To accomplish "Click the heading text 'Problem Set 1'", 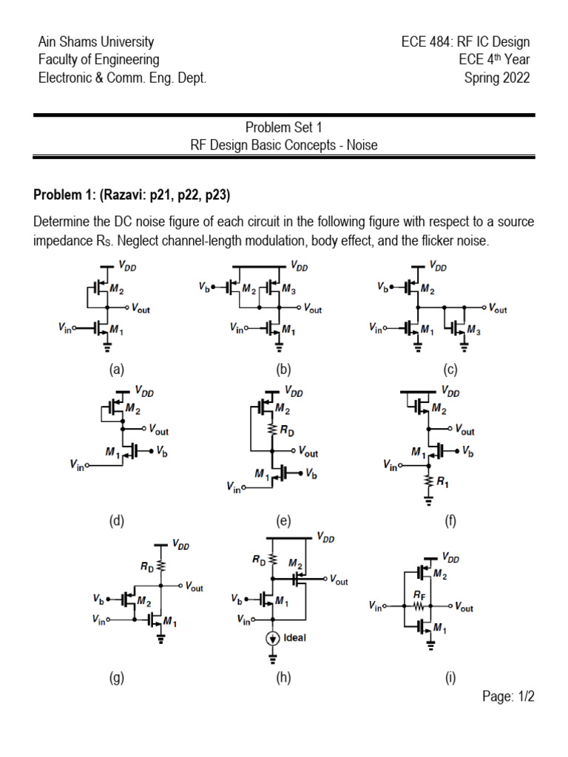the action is pos(283,127).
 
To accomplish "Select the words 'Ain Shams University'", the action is pos(96,41).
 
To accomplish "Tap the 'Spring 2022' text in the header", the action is pos(497,78).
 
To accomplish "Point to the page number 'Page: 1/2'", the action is pos(508,696).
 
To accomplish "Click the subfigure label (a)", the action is pos(116,370).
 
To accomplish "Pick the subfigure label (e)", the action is pos(283,520).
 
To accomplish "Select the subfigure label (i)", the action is pos(450,679).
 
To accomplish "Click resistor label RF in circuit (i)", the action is pos(419,596).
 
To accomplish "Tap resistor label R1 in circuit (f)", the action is pos(442,482).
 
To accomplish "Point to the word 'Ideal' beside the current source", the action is pos(294,638).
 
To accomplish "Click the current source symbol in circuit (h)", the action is pos(273,638).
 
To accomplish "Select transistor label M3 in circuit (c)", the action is pos(474,330).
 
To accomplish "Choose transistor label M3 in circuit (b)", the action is pos(289,289).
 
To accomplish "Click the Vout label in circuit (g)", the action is pos(195,587).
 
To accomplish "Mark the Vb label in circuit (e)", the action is pos(311,474).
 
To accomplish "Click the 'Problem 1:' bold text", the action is pos(64,194).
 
